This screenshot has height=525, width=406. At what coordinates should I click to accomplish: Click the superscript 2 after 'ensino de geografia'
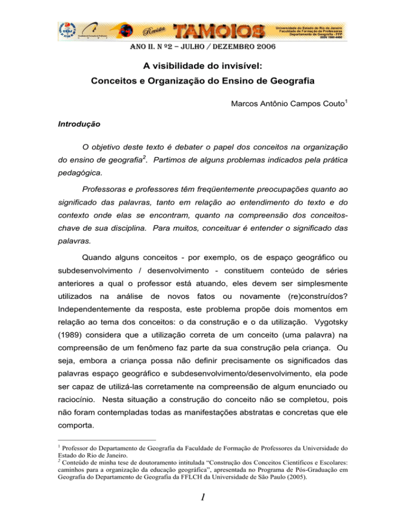click(140, 170)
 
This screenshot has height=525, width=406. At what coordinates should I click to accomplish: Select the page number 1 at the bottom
click(202, 503)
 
